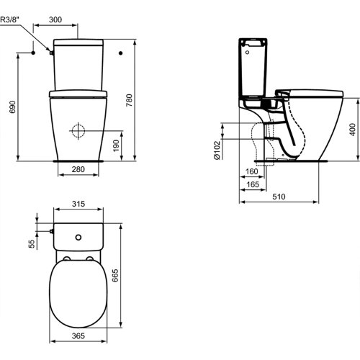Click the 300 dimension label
55,19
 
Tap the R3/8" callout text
9,19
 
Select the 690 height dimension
12,107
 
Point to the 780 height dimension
129,100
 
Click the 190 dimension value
116,145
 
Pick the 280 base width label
78,169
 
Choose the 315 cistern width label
78,204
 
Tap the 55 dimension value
32,244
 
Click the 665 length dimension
115,275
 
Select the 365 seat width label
78,336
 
